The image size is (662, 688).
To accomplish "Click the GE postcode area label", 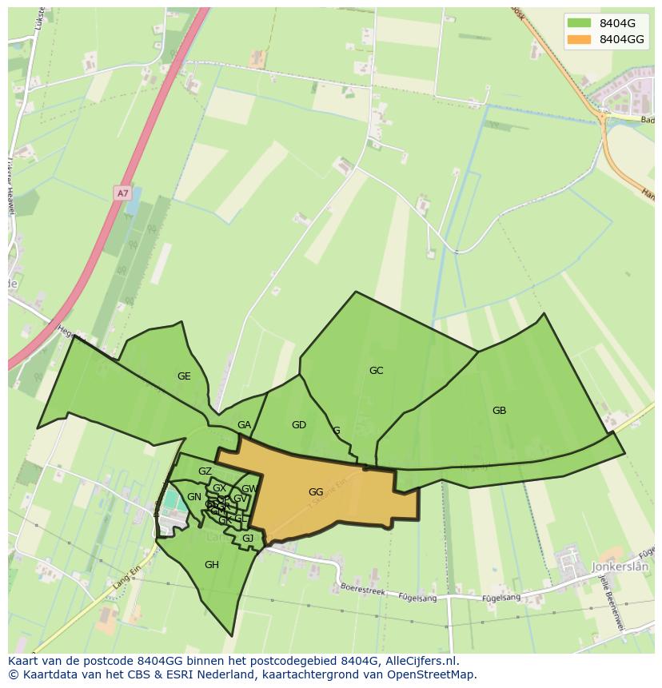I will pos(184,376).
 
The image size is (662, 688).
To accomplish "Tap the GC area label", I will pos(376,371).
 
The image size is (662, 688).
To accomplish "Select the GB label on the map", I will pos(499,411).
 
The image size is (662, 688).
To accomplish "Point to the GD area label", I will pos(299,425).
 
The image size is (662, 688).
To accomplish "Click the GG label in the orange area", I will pos(316,492).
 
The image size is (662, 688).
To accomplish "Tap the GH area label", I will pos(211,565).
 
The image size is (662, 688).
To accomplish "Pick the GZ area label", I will pos(205,471).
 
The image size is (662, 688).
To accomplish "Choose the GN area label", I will pos(194,497).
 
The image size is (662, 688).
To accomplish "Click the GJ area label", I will pos(248,539).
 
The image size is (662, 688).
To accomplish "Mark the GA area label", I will pos(245,425).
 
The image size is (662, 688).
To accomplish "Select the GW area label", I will pos(249,489).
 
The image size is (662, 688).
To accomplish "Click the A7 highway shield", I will pos(122,193).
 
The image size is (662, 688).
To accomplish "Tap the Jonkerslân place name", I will pos(623,567).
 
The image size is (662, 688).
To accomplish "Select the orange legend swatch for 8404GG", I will pos(579,39).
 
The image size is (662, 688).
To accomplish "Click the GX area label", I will pos(219,488).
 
